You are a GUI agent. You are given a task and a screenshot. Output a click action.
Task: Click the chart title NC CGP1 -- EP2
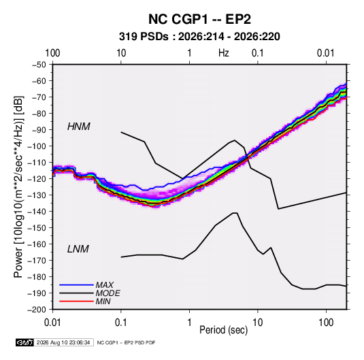point(199,19)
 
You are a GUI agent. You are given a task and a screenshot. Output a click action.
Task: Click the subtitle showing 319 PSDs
point(199,37)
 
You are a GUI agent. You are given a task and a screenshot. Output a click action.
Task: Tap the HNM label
point(79,127)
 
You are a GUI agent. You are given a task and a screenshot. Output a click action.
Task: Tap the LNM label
point(78,249)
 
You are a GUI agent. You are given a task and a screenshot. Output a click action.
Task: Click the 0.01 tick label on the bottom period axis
point(52,323)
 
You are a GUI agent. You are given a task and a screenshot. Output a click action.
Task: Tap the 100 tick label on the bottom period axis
point(326,323)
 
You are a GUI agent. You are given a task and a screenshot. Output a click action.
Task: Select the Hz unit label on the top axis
point(224,53)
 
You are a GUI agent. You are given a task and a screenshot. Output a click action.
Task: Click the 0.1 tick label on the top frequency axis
point(258,53)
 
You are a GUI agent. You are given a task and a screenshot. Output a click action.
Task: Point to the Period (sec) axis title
point(224,330)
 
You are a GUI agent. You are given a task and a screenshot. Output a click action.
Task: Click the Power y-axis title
point(18,187)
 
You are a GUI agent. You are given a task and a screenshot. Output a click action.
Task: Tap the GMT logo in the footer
point(24,342)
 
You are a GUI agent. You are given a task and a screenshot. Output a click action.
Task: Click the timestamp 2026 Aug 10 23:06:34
point(63,342)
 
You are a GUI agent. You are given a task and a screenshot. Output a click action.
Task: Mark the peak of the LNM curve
point(235,213)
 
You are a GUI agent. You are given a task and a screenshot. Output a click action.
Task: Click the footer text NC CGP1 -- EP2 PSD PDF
point(126,342)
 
